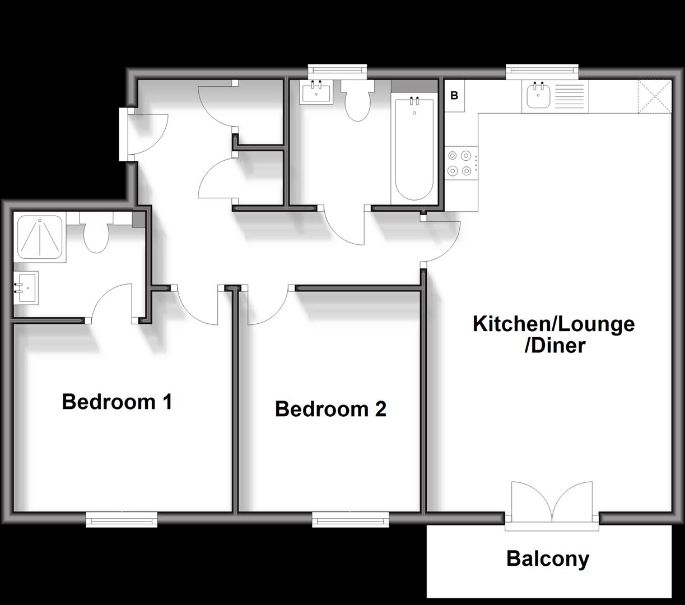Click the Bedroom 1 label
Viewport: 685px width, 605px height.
(x=117, y=402)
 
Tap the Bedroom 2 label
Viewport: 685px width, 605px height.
(x=330, y=409)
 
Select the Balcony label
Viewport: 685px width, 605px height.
(x=548, y=559)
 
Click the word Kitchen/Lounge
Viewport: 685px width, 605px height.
(x=554, y=324)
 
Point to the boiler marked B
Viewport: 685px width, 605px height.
(x=454, y=96)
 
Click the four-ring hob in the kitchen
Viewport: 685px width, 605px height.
(x=461, y=163)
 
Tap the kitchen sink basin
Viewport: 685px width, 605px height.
(x=538, y=95)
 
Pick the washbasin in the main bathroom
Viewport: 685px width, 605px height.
(x=316, y=92)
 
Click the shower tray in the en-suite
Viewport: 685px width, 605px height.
(x=40, y=237)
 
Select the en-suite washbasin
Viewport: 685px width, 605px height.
(x=26, y=288)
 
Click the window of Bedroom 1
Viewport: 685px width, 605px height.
(x=122, y=519)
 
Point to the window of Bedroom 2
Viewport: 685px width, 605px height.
(x=350, y=519)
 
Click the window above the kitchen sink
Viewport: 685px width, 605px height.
(x=542, y=71)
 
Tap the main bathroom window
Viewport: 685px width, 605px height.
(x=337, y=71)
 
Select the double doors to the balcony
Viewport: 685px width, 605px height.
(x=552, y=504)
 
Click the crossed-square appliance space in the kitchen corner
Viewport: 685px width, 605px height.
(x=655, y=96)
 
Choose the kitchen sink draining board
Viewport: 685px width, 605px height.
(x=571, y=96)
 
